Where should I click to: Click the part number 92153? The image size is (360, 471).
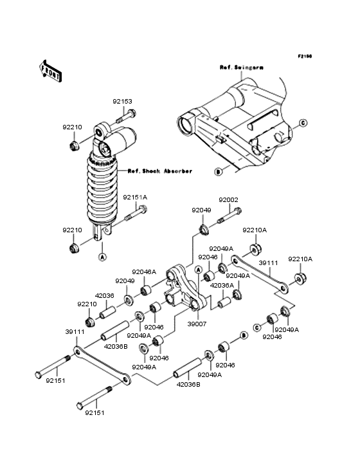122,101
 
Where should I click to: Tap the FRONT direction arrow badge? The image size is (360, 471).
51,71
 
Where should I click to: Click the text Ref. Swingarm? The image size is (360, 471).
238,67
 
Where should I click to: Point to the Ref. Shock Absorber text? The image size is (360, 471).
159,171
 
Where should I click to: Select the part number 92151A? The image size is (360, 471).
135,197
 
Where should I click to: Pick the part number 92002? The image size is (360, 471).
228,200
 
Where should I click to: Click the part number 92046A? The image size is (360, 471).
144,272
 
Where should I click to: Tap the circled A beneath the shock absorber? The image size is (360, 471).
102,257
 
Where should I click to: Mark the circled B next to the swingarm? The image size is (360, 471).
218,172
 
